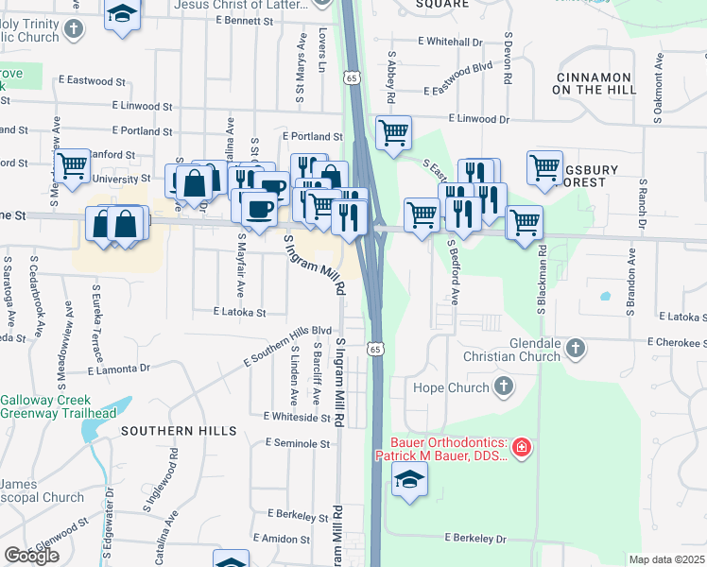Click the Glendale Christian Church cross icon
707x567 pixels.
pyautogui.click(x=574, y=351)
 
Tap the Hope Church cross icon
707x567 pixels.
pyautogui.click(x=504, y=387)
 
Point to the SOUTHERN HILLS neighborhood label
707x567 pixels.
pyautogui.click(x=179, y=431)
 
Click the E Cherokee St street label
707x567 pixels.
pyautogui.click(x=677, y=343)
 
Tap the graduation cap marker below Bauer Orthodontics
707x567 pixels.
pyautogui.click(x=408, y=481)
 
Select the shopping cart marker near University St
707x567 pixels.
pyautogui.click(x=72, y=165)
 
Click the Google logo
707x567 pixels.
pyautogui.click(x=31, y=556)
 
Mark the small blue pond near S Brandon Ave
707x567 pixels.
pyautogui.click(x=604, y=296)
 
